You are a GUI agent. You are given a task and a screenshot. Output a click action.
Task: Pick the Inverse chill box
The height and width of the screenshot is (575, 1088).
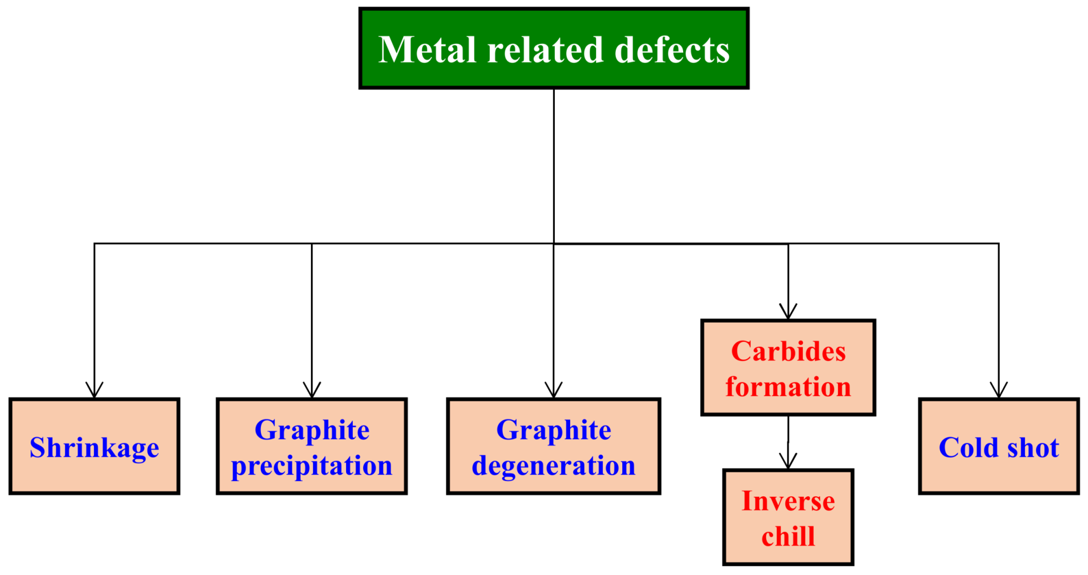pos(788,517)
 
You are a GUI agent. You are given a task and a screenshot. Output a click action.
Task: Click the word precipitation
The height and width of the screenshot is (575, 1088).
pos(311,466)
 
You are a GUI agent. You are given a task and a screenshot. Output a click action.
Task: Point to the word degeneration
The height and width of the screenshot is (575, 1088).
pos(553,466)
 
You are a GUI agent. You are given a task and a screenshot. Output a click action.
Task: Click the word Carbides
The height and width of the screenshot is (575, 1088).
pos(788,351)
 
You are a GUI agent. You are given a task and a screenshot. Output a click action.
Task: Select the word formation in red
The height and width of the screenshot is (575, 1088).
pos(788,387)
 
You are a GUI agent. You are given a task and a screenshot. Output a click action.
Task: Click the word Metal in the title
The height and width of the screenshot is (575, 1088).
pos(427,49)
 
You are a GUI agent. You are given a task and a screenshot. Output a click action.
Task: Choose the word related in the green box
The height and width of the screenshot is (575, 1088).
pos(545,49)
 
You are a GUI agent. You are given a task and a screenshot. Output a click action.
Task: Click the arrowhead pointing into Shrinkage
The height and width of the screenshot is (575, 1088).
pos(94,390)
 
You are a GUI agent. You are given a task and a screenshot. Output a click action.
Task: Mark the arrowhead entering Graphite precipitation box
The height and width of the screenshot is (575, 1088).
pos(311,390)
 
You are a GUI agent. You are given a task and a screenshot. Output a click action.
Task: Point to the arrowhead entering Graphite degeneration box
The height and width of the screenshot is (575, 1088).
pos(553,390)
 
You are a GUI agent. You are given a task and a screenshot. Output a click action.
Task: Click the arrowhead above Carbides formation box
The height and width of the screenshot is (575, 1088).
pos(788,312)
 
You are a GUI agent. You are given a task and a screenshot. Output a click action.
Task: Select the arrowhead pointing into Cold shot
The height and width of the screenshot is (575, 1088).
pos(998,390)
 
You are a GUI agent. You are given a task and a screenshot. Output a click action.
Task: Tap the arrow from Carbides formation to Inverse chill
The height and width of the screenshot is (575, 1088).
pos(788,443)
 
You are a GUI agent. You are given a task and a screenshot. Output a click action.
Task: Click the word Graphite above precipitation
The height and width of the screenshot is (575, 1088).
pos(312,430)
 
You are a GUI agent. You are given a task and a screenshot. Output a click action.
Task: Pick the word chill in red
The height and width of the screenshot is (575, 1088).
pos(788,536)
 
